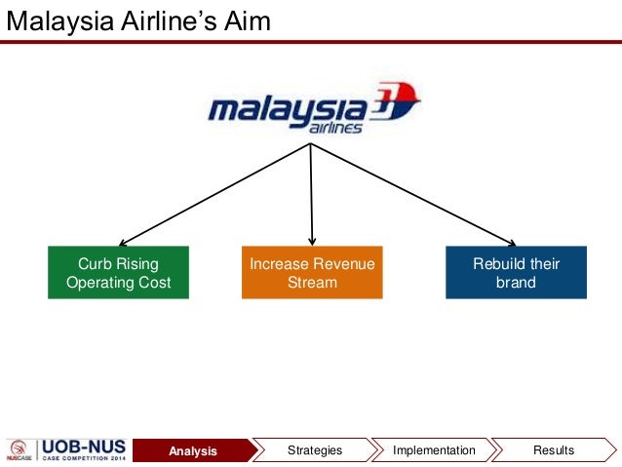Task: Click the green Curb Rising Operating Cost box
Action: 118,273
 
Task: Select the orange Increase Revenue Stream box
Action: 312,273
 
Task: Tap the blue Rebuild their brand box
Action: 516,273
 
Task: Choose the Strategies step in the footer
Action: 315,450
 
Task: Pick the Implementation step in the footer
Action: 434,450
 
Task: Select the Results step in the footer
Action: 554,450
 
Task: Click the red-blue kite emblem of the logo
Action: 396,100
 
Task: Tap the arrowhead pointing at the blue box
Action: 509,243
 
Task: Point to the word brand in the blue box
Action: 516,283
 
